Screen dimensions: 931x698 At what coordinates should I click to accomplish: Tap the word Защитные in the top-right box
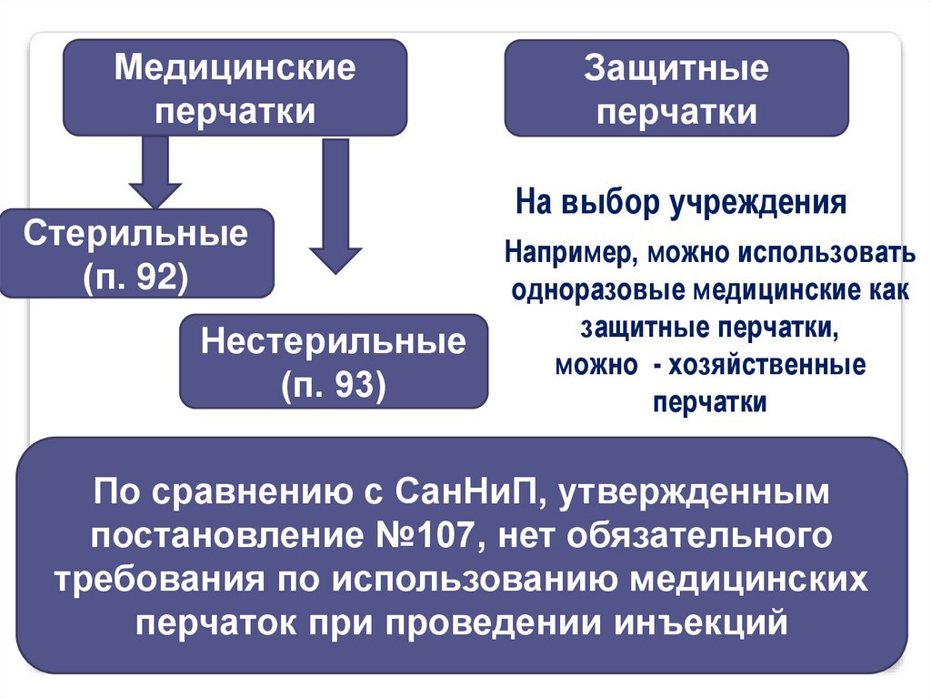pyautogui.click(x=676, y=68)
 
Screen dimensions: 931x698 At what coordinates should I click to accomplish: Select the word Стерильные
pyautogui.click(x=136, y=234)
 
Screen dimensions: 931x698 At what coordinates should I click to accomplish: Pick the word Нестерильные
pyautogui.click(x=334, y=343)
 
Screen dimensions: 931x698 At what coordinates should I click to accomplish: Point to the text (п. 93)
pyautogui.click(x=334, y=385)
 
